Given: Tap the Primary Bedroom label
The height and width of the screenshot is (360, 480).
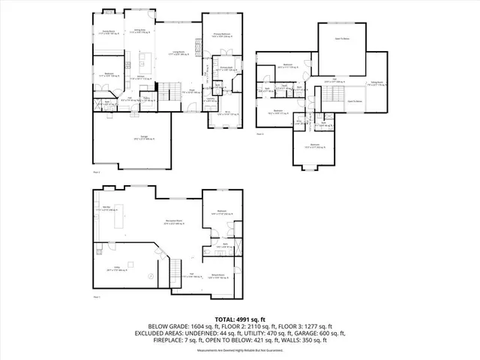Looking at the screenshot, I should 221,35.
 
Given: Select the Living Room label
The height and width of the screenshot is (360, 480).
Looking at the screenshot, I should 178,53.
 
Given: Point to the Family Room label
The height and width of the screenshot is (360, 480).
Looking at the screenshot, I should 109,31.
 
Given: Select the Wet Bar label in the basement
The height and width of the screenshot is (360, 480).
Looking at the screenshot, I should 108,208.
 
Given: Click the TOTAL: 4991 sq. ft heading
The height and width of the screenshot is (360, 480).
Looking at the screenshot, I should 239,319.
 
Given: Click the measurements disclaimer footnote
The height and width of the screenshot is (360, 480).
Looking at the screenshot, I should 239,350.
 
